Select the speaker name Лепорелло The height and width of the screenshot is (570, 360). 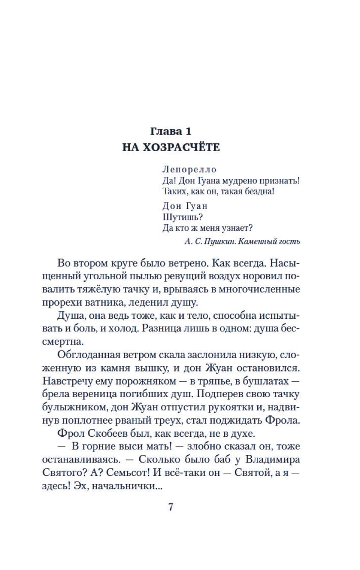(x=190, y=170)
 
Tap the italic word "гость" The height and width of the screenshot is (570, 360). (x=288, y=241)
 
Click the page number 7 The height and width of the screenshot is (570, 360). (x=171, y=507)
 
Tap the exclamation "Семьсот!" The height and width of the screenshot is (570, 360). (x=131, y=472)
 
